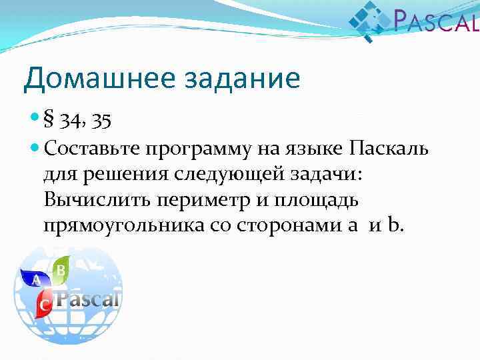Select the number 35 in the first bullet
[102, 121]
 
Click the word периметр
[201, 200]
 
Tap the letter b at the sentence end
[397, 225]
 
